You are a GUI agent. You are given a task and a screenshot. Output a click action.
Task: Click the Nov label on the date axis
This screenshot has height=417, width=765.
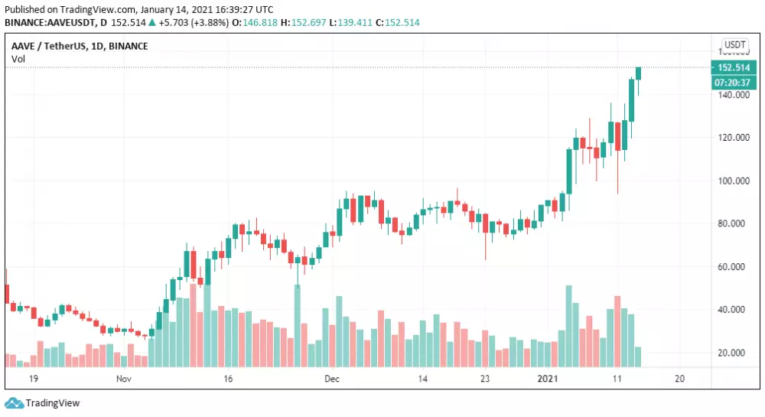point(125,379)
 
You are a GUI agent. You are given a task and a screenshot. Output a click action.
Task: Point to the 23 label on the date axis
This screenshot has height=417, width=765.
point(485,379)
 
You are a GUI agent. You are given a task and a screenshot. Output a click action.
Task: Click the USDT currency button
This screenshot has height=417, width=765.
point(735,45)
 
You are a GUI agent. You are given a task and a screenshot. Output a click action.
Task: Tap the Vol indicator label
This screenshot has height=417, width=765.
point(17,59)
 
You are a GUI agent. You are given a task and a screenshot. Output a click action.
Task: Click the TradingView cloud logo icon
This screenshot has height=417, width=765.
point(14,403)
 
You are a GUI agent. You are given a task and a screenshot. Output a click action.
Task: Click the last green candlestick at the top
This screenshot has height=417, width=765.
point(639,73)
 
